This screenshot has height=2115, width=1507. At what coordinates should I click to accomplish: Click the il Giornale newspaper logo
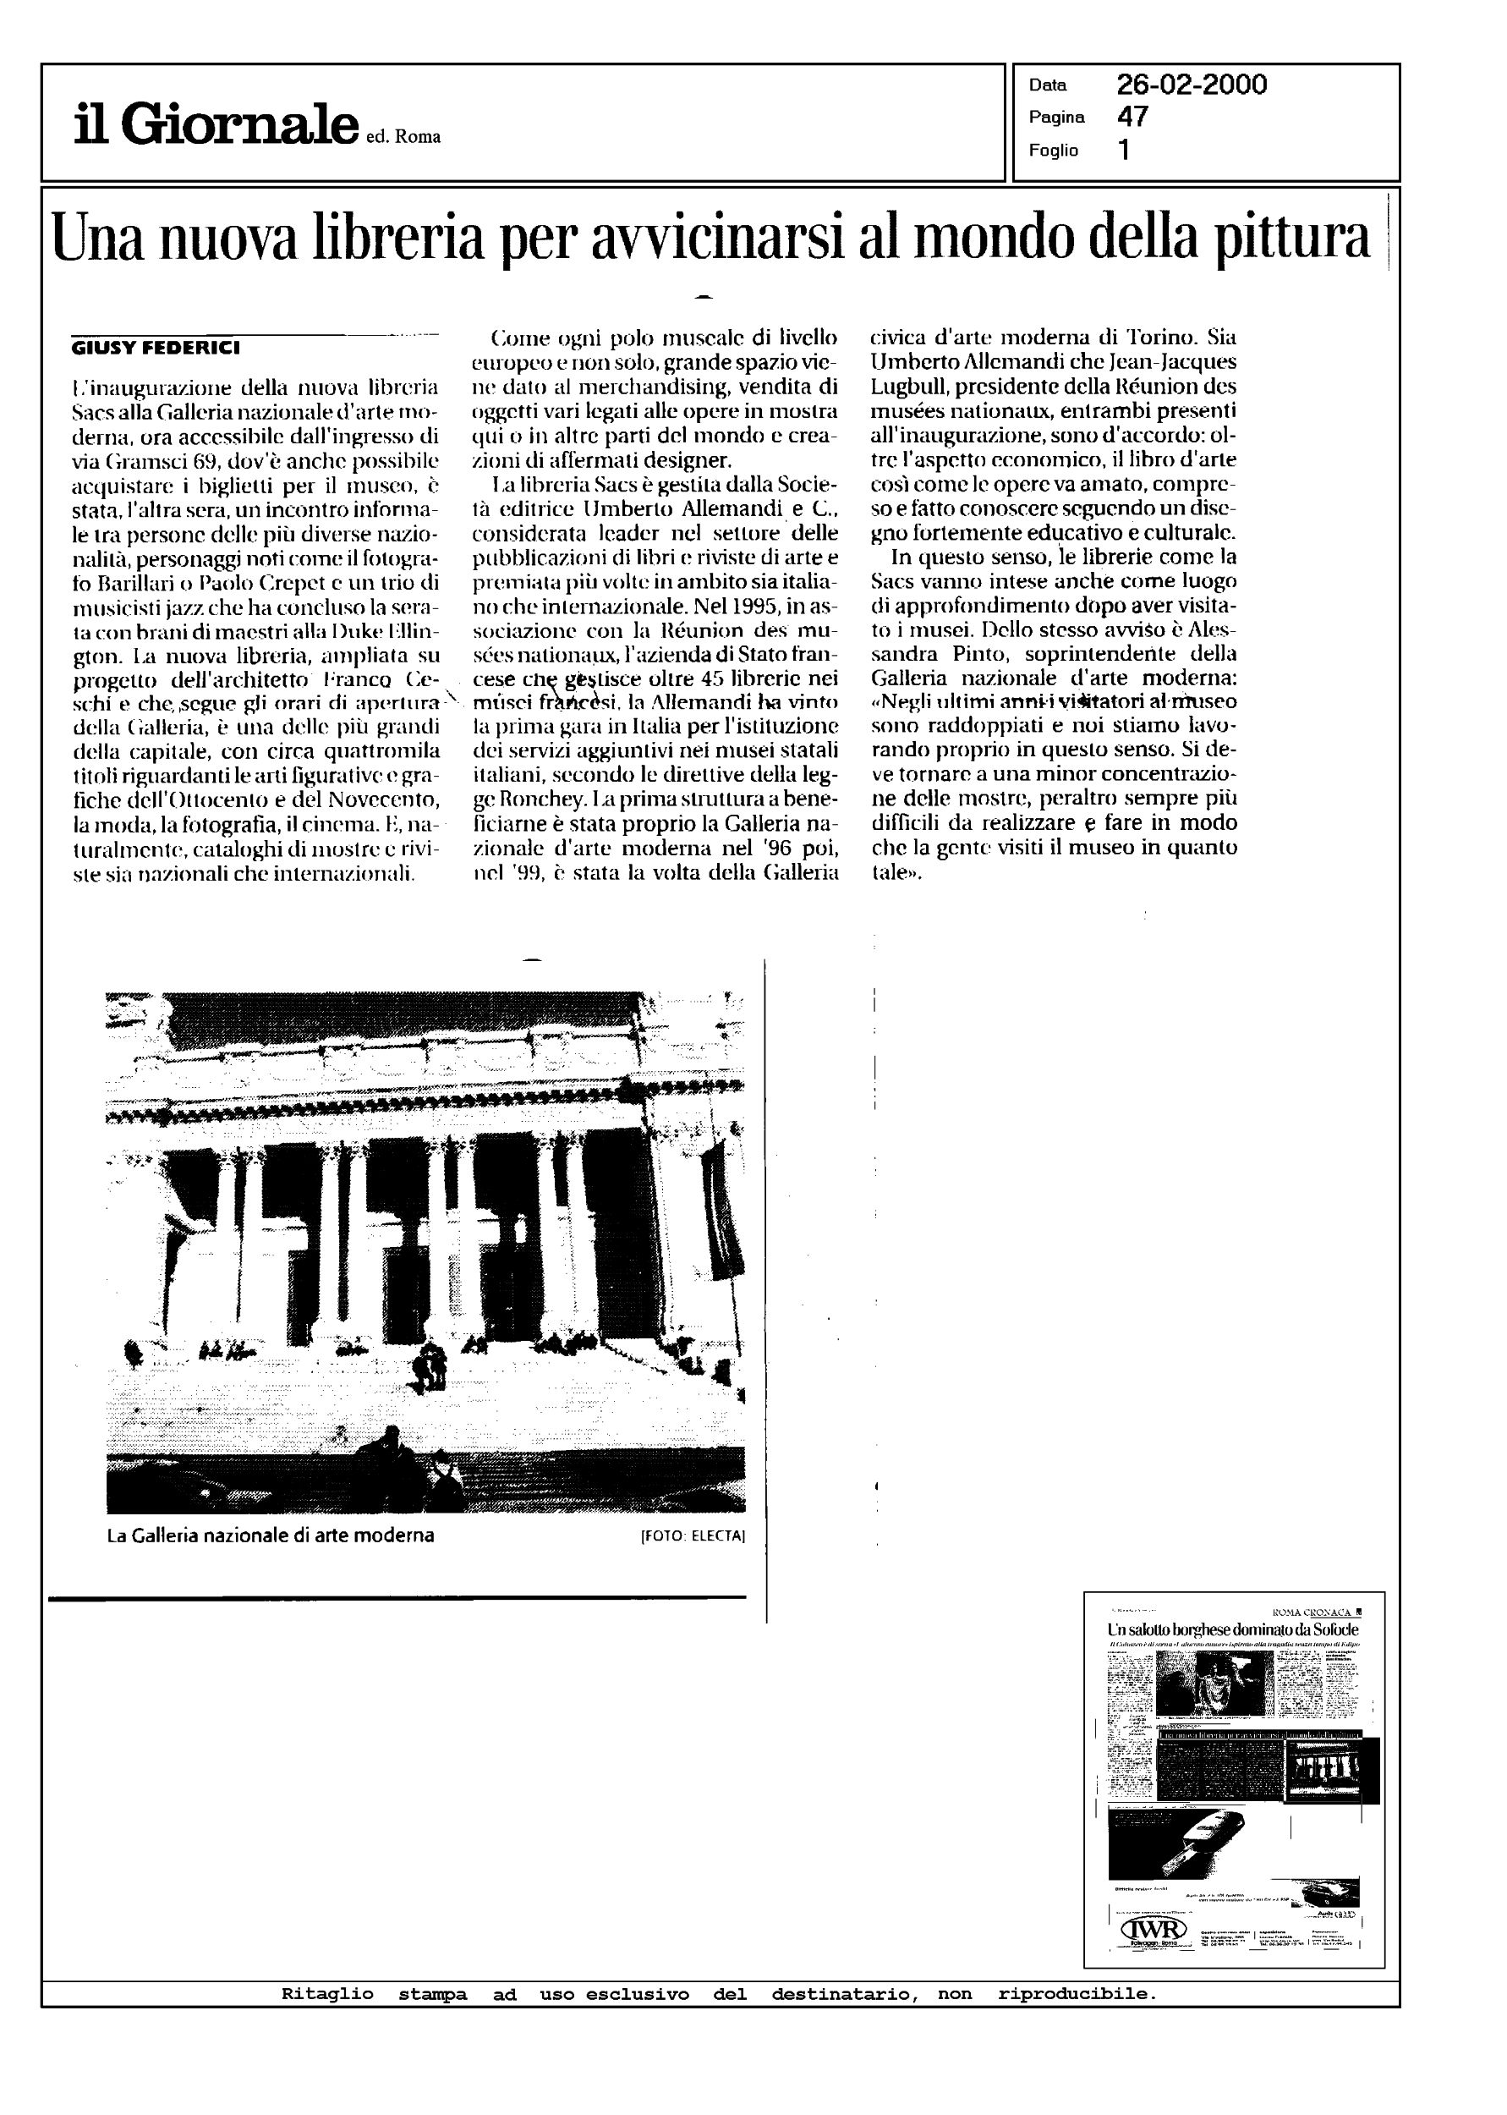(x=216, y=125)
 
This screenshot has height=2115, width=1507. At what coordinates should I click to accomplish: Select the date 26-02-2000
(x=1192, y=85)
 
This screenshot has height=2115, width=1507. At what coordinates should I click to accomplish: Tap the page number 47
(x=1132, y=117)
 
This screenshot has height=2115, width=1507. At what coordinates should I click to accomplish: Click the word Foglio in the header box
(x=1053, y=151)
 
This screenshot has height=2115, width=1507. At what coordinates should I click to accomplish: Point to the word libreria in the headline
(x=400, y=238)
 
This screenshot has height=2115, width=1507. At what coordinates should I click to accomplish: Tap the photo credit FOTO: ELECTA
(x=693, y=1535)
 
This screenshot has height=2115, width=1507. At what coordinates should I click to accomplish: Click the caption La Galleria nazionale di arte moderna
(x=270, y=1535)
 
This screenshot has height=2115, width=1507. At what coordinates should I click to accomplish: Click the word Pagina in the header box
(x=1056, y=118)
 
